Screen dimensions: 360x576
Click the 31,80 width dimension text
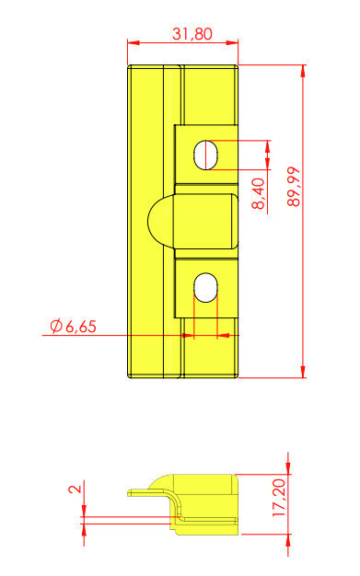tap(192, 34)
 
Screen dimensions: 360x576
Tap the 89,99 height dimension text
tap(294, 187)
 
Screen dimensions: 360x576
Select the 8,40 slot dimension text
tap(258, 193)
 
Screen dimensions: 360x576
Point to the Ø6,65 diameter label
tap(73, 327)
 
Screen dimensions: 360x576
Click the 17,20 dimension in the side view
tap(279, 498)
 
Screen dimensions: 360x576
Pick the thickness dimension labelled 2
tap(75, 489)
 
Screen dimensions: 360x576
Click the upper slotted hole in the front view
tap(206, 155)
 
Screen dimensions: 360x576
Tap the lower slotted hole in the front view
tap(206, 288)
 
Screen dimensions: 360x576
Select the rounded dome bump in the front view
tap(161, 221)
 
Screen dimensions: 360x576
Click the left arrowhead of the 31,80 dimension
tap(134, 42)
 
